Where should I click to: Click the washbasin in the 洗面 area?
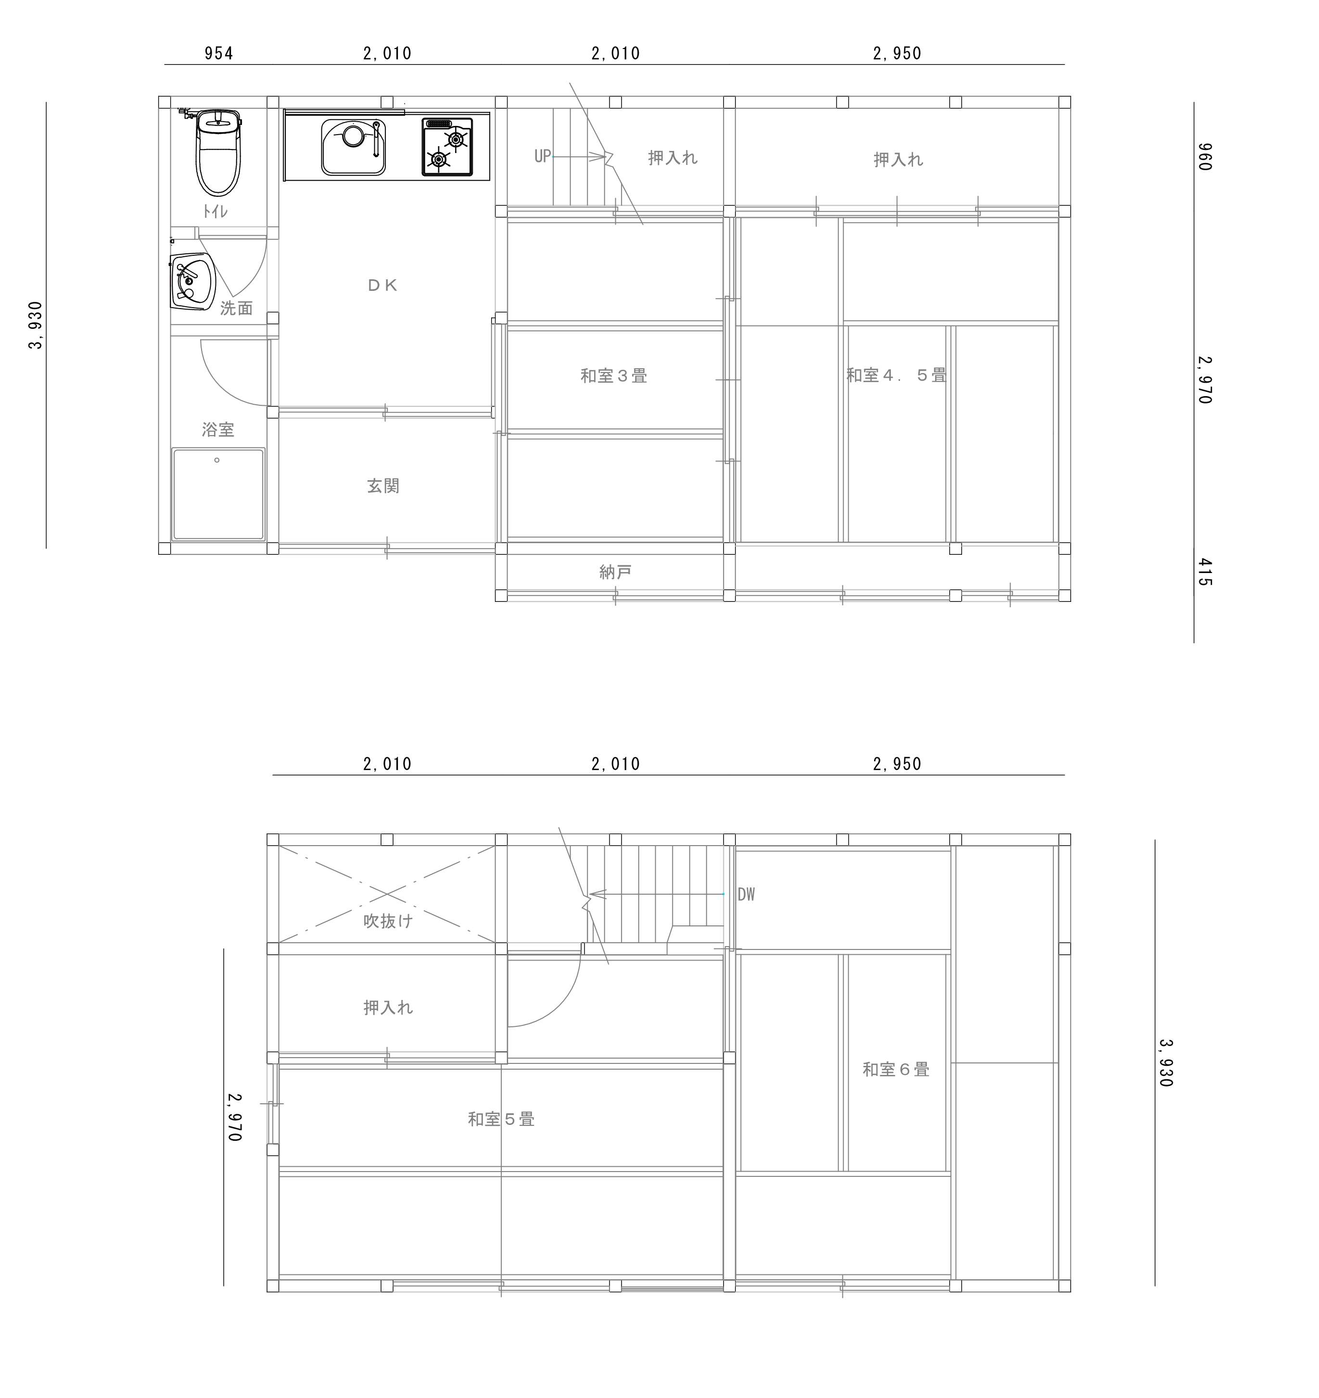[192, 281]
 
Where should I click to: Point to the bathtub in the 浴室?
[219, 494]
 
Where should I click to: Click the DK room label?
[383, 285]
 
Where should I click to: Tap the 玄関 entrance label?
[383, 486]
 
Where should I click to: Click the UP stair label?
[543, 156]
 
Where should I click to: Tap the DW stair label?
[747, 895]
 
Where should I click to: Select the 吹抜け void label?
[388, 921]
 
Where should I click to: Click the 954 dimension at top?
[219, 53]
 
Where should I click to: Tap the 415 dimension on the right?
[1205, 573]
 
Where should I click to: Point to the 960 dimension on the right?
[1205, 157]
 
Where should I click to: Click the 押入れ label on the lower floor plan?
[388, 1008]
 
